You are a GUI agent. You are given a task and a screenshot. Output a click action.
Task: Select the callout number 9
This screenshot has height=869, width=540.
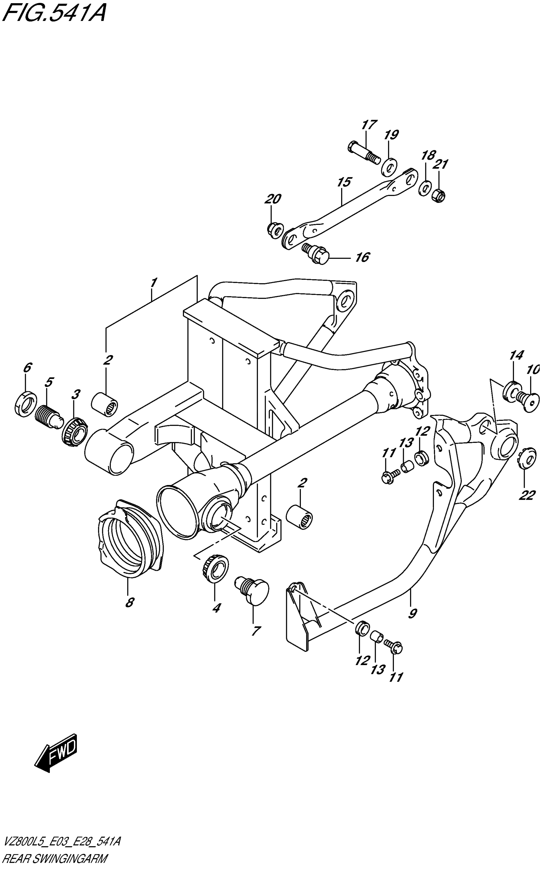pyautogui.click(x=413, y=614)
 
